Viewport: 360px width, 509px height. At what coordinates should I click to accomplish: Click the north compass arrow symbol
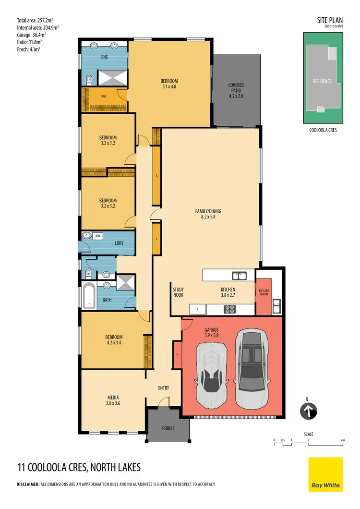click(x=309, y=412)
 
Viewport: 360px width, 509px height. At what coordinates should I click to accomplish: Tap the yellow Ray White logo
click(x=325, y=474)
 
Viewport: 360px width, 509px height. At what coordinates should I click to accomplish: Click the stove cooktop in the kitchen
click(x=230, y=309)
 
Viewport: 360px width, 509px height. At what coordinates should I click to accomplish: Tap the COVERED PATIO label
click(x=236, y=90)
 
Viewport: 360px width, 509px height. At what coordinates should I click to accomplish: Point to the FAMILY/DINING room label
click(x=208, y=214)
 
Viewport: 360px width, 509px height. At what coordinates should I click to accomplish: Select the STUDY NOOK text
click(x=179, y=292)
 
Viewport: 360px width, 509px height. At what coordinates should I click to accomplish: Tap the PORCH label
click(x=168, y=428)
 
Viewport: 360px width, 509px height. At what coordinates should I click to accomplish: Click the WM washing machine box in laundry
click(x=97, y=236)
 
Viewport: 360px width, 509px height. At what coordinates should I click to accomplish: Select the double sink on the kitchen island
click(x=239, y=276)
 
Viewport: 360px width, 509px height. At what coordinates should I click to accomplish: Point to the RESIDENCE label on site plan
click(x=322, y=81)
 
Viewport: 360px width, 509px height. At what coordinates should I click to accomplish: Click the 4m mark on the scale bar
click(x=343, y=440)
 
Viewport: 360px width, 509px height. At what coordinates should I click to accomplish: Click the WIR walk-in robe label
click(x=103, y=97)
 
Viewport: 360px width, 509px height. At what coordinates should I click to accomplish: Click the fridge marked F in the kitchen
click(x=197, y=309)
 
